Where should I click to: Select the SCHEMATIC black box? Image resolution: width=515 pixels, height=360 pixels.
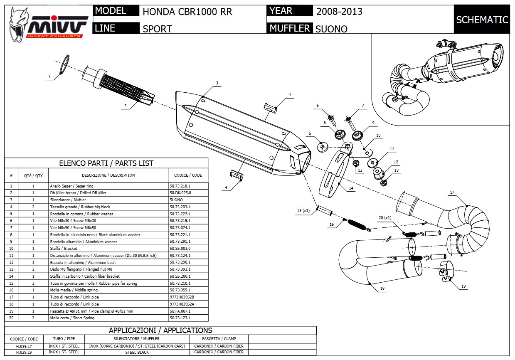[x=482, y=20]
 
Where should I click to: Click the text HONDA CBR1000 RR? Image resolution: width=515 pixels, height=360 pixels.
[x=187, y=12]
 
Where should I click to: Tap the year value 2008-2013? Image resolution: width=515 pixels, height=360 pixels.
[x=339, y=11]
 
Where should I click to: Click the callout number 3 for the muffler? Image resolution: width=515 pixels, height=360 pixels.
[x=217, y=83]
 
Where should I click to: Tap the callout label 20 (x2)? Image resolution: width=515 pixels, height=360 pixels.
[x=385, y=217]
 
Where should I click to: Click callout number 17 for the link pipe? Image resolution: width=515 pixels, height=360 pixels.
[x=452, y=192]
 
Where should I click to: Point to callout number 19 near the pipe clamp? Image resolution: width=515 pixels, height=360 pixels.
[x=464, y=286]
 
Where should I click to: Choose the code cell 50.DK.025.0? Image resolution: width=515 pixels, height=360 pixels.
[x=180, y=193]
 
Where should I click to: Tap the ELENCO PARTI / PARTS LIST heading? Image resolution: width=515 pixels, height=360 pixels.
[x=106, y=163]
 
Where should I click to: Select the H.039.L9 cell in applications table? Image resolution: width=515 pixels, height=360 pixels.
[x=24, y=352]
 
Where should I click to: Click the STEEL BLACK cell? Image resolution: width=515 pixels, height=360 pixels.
[x=137, y=352]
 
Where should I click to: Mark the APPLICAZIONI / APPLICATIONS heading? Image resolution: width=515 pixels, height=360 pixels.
[x=160, y=330]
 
